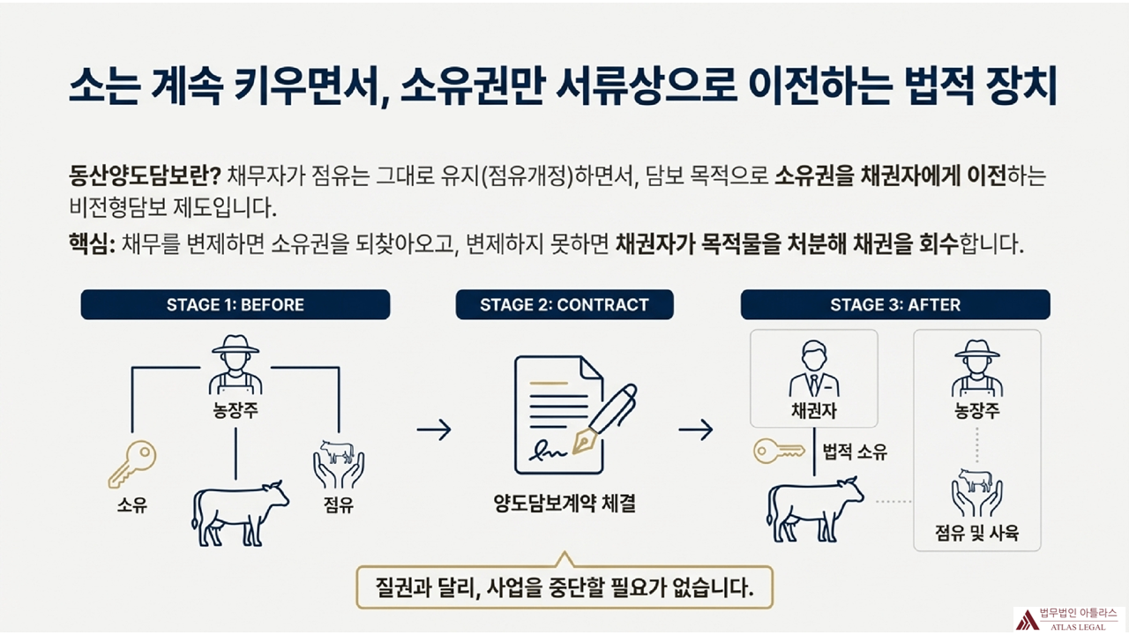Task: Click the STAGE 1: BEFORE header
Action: coord(235,305)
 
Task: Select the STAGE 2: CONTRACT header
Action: coord(564,305)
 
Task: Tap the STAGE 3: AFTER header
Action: coord(894,305)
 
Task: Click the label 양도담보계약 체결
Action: coord(564,506)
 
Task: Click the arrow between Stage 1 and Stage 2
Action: coord(433,430)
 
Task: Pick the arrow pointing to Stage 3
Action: coord(695,430)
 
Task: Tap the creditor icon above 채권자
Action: coord(813,370)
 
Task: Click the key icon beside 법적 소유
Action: coord(779,452)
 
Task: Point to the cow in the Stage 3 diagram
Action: coord(813,509)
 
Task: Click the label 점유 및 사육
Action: coord(976,534)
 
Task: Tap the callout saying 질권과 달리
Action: coord(564,586)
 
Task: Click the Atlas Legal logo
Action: coord(1068,618)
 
